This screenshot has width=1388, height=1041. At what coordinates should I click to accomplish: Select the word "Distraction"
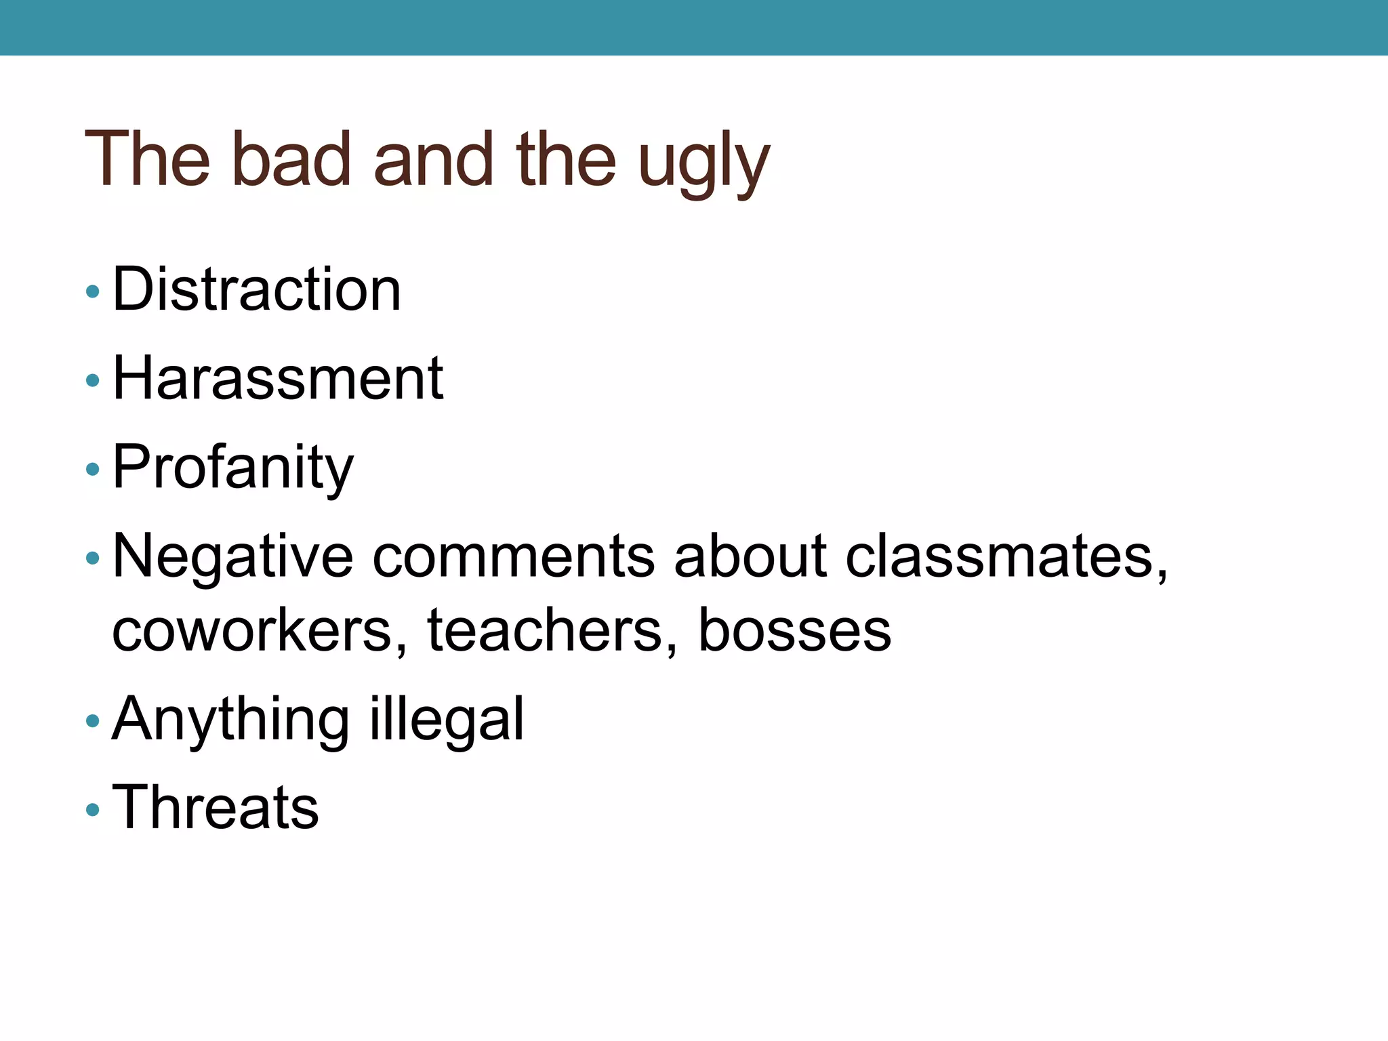coord(257,290)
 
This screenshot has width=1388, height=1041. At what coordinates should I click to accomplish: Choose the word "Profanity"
coord(233,468)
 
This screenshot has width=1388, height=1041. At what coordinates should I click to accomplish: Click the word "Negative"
coord(232,557)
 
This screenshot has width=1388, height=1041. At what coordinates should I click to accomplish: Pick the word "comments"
coord(513,557)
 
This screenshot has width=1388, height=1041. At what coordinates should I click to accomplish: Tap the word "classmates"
coord(1006,557)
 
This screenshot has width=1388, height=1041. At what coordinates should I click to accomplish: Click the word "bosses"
coord(794,630)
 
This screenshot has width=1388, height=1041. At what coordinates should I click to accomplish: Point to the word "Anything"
coord(230,720)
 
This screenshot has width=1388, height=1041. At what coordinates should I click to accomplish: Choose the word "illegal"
coord(447,720)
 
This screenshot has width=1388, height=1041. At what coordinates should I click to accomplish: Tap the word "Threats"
coord(216,807)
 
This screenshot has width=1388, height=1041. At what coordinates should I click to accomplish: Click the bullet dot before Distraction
coord(93,292)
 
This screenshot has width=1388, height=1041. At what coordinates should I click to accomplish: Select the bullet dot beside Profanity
coord(93,469)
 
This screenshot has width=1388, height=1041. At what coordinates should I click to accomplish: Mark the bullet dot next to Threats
coord(93,809)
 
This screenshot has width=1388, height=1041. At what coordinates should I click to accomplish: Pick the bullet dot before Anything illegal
coord(93,721)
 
